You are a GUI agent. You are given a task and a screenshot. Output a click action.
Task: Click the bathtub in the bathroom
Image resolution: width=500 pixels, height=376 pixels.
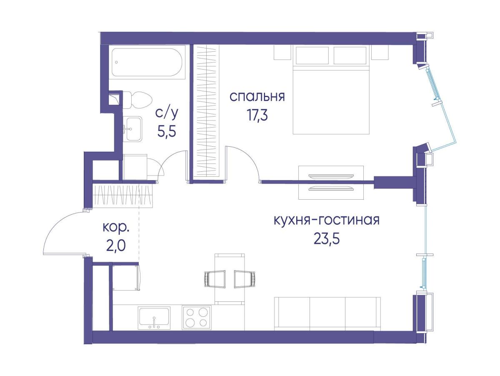pos(147,63)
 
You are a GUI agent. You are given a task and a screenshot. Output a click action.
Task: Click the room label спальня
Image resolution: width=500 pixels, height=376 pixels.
pos(257,97)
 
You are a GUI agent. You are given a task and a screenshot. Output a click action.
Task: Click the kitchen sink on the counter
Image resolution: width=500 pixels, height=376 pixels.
pos(154,318)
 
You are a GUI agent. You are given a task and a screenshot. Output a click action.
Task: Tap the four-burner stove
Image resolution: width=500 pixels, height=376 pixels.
pos(196,317)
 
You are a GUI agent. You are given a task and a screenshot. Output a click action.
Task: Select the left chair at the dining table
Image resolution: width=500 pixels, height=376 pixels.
pos(215,278)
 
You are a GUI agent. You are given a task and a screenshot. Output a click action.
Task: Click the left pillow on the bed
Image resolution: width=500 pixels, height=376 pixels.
pos(312,55)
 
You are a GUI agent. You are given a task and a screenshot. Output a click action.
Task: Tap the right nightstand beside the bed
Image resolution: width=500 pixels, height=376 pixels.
pos(380,53)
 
